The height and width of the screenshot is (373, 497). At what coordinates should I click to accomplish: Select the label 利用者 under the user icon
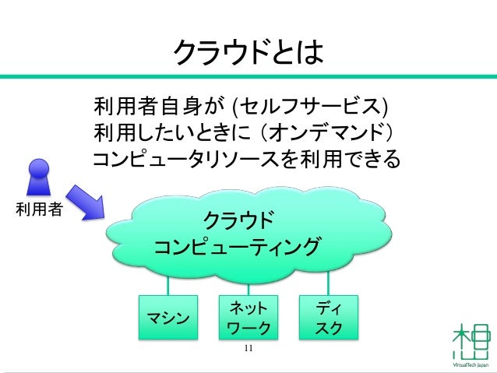pos(40,208)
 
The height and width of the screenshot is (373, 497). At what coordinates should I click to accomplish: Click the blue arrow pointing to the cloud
pos(85,201)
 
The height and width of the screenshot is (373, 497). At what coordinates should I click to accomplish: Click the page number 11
pos(248,348)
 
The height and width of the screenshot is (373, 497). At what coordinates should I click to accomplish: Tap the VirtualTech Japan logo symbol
pos(471,339)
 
